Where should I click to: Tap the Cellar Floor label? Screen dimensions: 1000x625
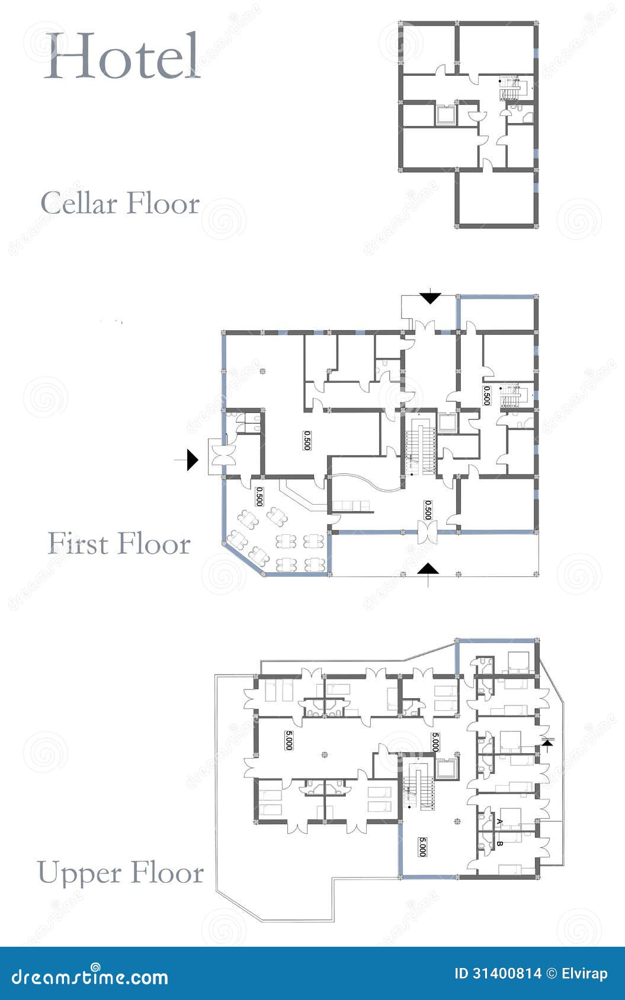point(120,204)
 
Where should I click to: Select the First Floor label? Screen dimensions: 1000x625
point(119,544)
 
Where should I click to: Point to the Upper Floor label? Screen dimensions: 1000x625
point(120,873)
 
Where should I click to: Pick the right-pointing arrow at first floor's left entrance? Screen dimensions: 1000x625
point(192,460)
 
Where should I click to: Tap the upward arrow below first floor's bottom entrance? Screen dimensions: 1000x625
point(429,569)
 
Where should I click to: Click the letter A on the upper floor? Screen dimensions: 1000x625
point(499,821)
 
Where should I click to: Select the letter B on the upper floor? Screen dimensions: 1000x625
point(499,844)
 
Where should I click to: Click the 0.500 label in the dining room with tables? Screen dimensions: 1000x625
point(259,496)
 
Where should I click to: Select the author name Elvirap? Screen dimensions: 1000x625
point(585,973)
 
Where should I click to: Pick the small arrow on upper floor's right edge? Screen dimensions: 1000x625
point(547,743)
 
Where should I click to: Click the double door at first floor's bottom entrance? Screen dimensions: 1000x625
point(427,529)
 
